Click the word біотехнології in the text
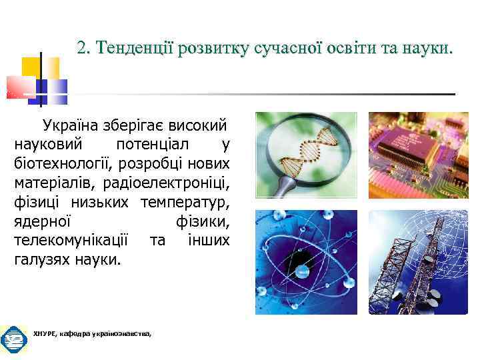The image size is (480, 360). (55, 163)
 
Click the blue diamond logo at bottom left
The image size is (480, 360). (13, 341)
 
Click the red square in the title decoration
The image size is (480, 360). (20, 87)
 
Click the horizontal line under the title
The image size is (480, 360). (267, 93)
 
